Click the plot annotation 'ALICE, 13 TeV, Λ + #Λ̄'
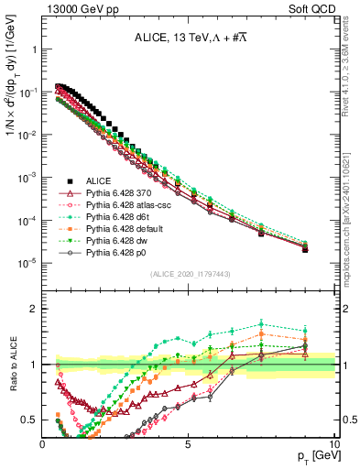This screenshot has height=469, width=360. [189, 37]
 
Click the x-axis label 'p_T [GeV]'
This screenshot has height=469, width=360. [315, 455]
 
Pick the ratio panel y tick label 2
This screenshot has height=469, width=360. [33, 309]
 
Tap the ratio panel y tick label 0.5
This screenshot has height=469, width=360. [29, 420]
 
